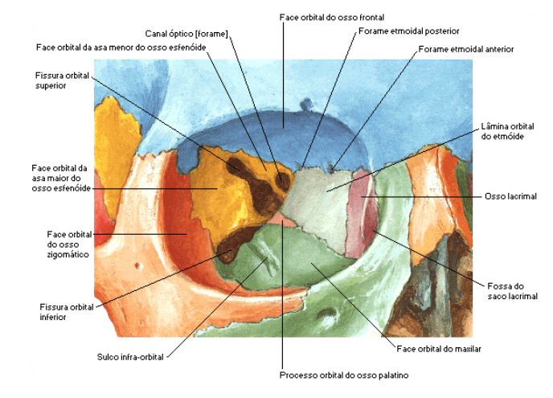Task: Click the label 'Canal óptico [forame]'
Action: [186, 34]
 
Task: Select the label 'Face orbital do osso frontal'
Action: [332, 17]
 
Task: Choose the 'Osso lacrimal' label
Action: [510, 196]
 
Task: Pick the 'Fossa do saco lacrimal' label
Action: [506, 291]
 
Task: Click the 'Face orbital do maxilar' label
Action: [438, 349]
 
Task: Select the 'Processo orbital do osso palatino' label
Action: [334, 375]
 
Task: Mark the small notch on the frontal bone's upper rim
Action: [305, 104]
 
